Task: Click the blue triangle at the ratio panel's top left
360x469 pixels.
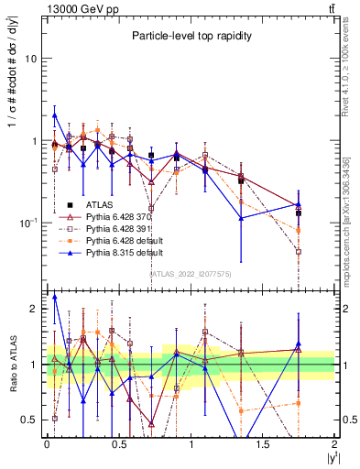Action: pos(55,297)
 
